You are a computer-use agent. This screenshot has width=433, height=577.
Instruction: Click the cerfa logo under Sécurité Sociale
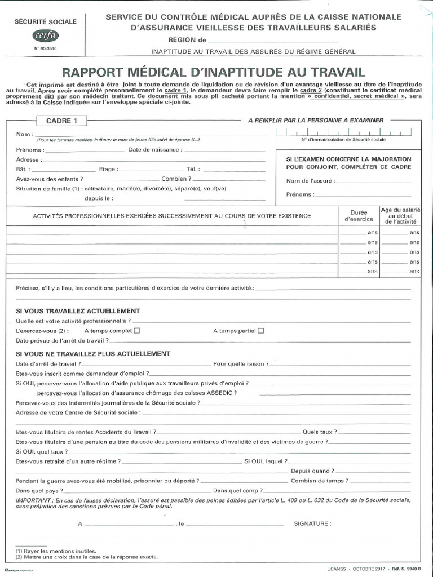(47, 37)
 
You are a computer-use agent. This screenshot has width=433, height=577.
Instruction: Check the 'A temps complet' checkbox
(137, 331)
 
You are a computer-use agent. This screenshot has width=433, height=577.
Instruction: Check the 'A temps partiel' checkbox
(260, 331)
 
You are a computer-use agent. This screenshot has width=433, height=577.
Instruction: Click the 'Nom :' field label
(25, 135)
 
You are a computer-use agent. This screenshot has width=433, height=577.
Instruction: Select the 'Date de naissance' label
(155, 150)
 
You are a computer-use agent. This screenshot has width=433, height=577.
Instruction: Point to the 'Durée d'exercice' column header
(355, 215)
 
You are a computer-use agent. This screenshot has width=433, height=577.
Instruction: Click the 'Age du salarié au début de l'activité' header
(400, 216)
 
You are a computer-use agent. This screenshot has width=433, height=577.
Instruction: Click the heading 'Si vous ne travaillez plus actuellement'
(93, 354)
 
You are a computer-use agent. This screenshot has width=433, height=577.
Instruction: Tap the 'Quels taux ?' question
(320, 432)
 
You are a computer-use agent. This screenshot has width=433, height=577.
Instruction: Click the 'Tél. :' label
(193, 169)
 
